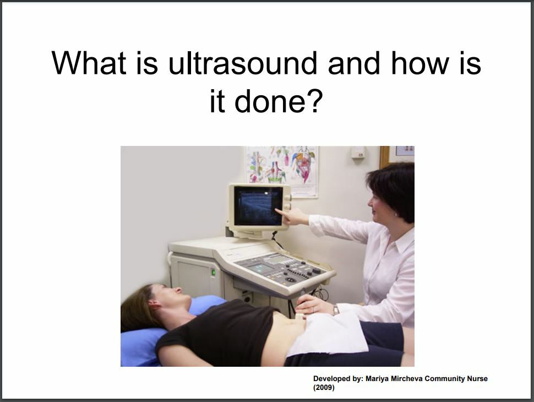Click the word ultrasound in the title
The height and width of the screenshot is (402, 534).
tap(243, 63)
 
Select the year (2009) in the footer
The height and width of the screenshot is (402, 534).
tap(324, 387)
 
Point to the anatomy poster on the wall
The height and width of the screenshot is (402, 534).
tap(282, 171)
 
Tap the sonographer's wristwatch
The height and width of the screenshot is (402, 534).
tap(335, 310)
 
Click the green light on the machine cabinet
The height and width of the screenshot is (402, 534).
tap(213, 272)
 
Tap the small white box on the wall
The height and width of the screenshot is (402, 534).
tap(358, 152)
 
